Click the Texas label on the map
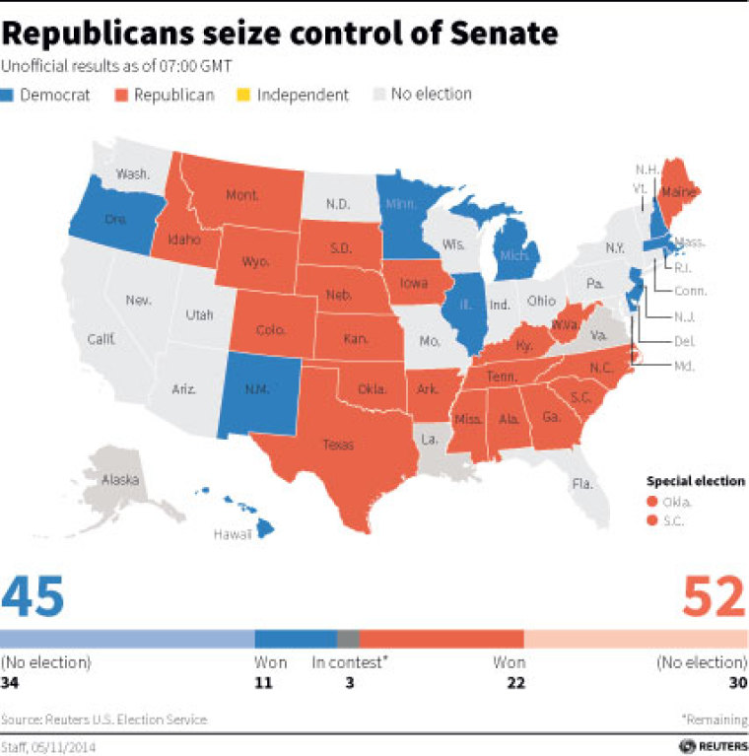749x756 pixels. click(x=337, y=446)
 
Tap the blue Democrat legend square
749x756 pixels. click(x=9, y=96)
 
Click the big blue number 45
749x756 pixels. click(x=34, y=598)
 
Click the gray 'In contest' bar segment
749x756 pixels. click(x=349, y=638)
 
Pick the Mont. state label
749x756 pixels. click(x=241, y=196)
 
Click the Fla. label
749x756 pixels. click(x=582, y=483)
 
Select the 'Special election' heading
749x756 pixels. click(x=696, y=481)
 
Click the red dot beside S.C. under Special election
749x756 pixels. click(x=651, y=518)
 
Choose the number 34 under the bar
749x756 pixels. click(x=13, y=682)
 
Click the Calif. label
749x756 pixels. click(x=102, y=339)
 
